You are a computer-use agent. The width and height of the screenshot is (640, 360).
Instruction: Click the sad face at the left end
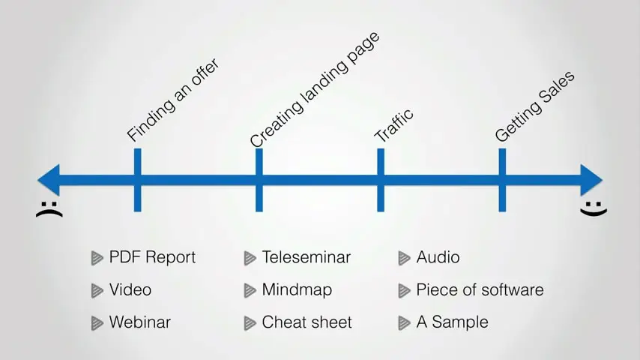point(49,209)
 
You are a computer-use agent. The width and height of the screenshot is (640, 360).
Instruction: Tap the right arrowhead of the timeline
point(591,180)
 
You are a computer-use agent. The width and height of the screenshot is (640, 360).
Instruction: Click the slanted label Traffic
point(394,125)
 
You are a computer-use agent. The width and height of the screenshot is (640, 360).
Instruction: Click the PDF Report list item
point(152,257)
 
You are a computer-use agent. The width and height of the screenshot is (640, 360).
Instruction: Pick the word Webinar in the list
point(139,322)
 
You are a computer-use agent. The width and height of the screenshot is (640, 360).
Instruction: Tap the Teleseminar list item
point(306,257)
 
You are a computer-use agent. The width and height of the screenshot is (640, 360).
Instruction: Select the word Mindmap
point(297,290)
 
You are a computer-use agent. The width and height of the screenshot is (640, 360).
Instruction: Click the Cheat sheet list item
point(307,322)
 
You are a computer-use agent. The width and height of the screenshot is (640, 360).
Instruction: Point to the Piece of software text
point(480,290)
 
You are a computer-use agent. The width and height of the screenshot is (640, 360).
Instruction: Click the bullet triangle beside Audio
point(403,258)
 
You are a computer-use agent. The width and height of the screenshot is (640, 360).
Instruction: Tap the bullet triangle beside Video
point(97,290)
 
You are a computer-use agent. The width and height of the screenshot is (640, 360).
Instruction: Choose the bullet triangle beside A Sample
point(403,323)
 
